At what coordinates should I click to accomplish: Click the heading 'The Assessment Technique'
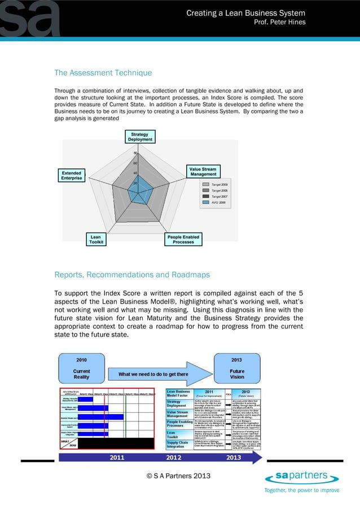coord(103,73)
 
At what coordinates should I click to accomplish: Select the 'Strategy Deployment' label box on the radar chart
coord(139,137)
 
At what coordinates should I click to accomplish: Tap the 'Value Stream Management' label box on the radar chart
coord(203,171)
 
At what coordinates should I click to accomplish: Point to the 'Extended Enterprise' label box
coord(71,176)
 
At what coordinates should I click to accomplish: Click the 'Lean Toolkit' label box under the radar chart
coord(95,239)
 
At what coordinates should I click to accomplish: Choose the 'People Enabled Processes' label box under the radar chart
coord(184,239)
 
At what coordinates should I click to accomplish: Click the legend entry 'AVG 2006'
coord(218,202)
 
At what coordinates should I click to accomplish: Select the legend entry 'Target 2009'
coord(218,185)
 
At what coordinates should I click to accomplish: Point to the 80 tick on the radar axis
coord(135,153)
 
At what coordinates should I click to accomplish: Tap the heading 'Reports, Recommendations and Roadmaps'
coord(132,275)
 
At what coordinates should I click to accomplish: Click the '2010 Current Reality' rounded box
coord(81,368)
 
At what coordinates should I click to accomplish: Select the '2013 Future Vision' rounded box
coord(237,368)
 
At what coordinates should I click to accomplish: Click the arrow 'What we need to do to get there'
coord(153,374)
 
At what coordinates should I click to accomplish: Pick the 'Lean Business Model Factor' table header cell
coord(179,393)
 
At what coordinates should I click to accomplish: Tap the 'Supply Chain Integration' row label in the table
coord(179,444)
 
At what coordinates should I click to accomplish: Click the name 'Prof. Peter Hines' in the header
coord(280,22)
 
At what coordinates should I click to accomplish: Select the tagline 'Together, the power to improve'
coord(302,490)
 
